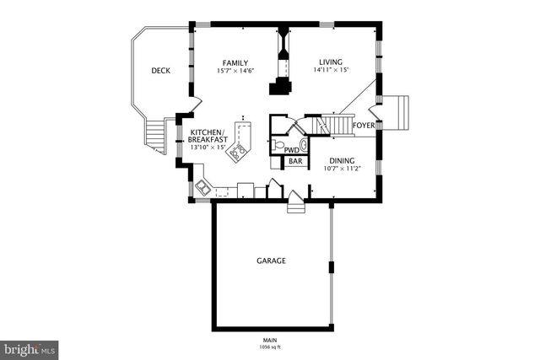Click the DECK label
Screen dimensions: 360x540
(161, 71)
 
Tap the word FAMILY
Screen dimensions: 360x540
(235, 62)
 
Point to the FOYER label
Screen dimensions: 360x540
(364, 126)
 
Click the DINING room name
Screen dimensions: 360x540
(341, 159)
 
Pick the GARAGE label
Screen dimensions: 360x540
(271, 261)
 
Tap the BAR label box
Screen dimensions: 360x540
(295, 161)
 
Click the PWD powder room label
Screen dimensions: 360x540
(291, 149)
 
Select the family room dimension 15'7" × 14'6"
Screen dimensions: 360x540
(235, 71)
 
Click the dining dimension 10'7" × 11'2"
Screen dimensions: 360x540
(342, 168)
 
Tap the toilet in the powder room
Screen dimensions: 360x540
(279, 145)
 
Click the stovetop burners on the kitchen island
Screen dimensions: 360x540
(240, 152)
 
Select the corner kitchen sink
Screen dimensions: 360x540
(203, 185)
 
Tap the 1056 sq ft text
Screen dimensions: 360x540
(271, 347)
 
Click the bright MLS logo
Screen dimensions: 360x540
(29, 347)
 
